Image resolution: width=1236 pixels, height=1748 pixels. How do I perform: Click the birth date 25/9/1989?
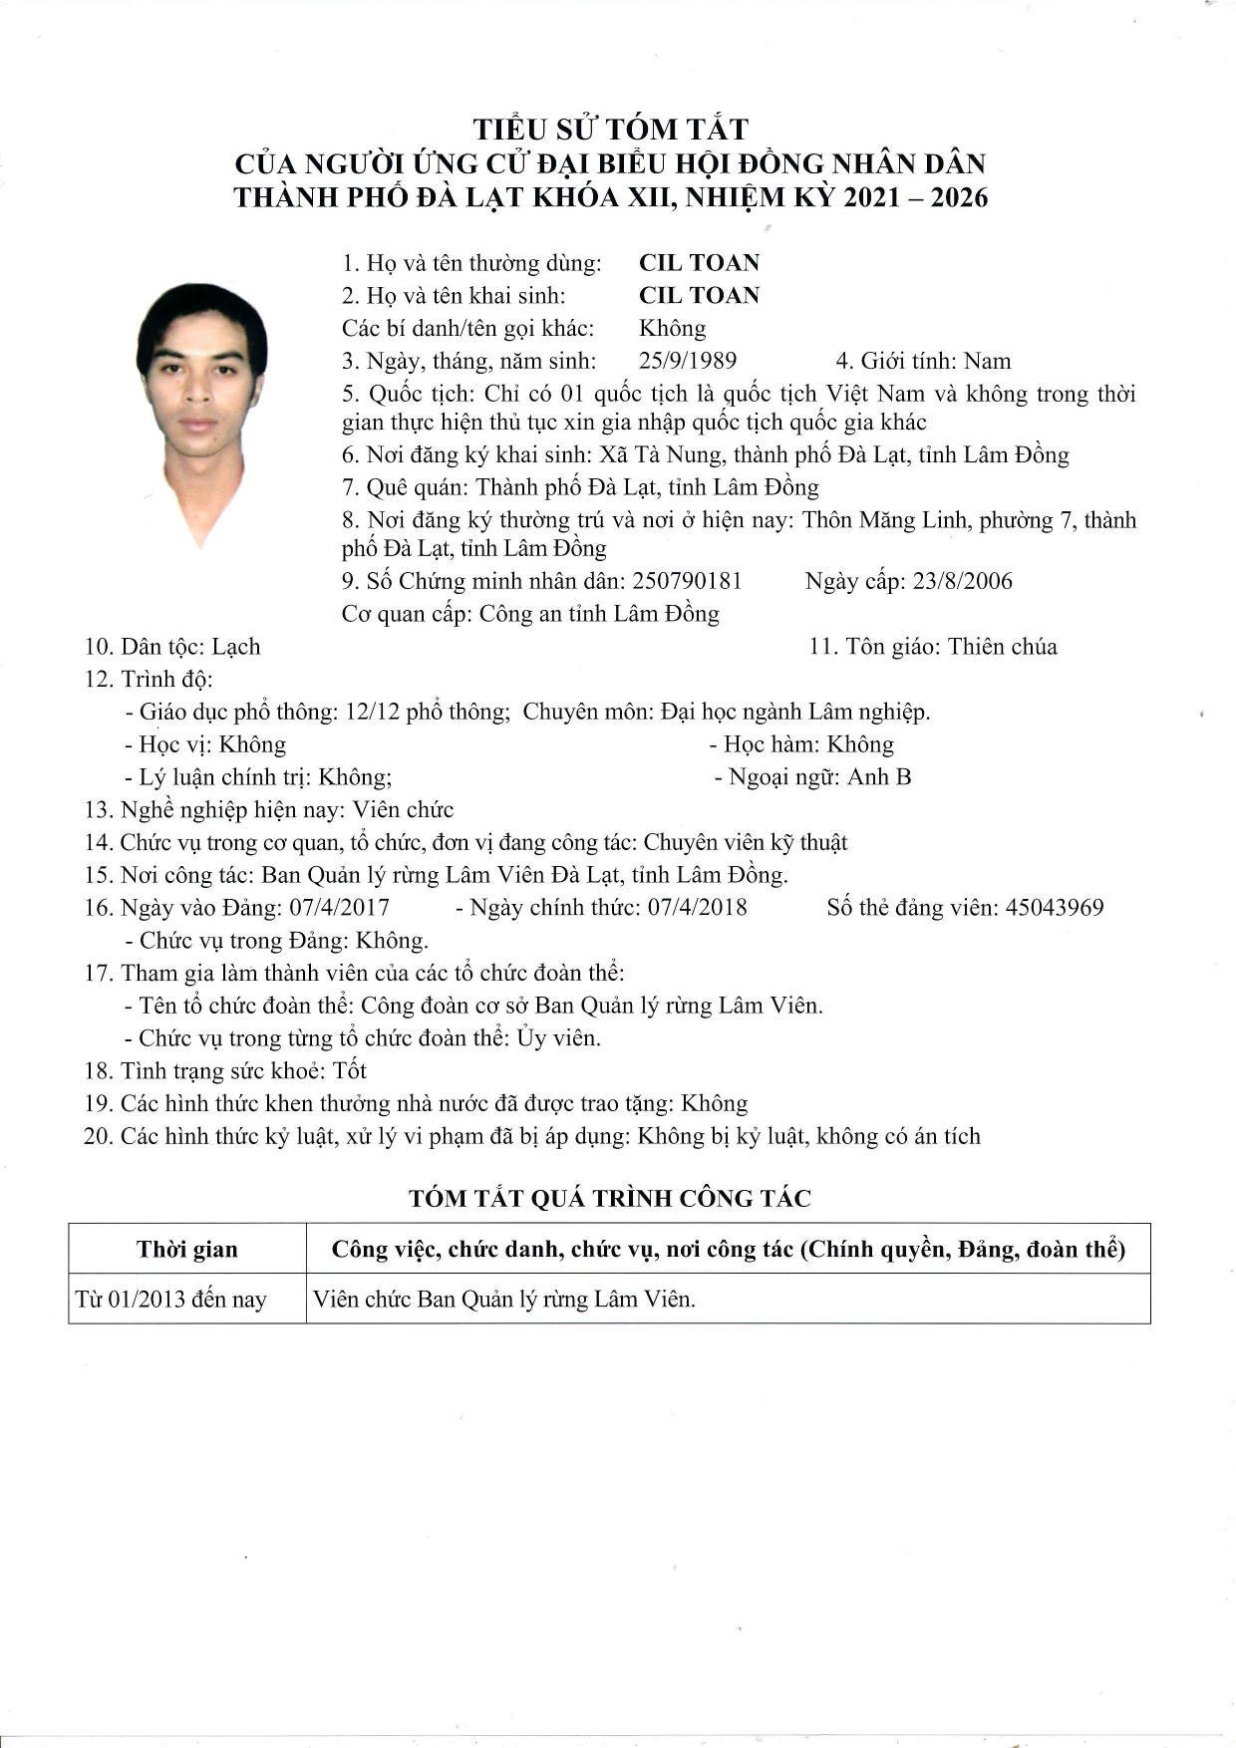[x=688, y=361]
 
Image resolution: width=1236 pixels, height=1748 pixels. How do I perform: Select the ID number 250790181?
[x=688, y=581]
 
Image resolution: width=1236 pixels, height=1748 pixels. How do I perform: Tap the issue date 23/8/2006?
[x=962, y=581]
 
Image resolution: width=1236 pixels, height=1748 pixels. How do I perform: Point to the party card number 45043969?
[x=1055, y=907]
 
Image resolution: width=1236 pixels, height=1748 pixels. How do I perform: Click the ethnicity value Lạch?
[x=236, y=647]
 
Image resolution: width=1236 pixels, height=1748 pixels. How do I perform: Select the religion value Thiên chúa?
[x=1002, y=647]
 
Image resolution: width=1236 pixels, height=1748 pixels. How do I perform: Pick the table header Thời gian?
[x=187, y=1250]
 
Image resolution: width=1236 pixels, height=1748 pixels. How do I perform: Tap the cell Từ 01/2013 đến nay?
[x=171, y=1300]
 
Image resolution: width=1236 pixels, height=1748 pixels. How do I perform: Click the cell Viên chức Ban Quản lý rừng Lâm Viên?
[x=504, y=1300]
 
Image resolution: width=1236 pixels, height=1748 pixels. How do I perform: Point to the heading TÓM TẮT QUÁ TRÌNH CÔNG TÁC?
[x=610, y=1199]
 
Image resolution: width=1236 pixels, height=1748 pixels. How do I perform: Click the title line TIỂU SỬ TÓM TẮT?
[x=610, y=130]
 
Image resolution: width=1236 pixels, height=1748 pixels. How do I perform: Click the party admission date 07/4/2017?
[x=339, y=907]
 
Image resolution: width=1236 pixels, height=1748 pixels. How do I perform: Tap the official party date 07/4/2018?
[x=697, y=907]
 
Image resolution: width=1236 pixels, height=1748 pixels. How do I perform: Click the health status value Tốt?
[x=350, y=1071]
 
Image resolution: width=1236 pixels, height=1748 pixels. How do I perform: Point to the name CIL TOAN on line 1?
[x=699, y=263]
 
